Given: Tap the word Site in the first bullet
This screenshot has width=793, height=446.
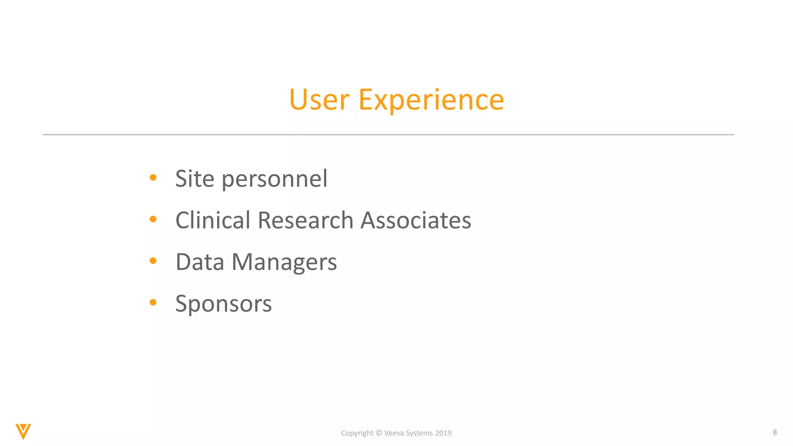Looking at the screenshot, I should coord(194,179).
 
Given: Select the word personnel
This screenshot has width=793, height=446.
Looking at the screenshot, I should coord(275,180).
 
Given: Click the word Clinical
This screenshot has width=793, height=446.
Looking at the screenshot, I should coord(213,220).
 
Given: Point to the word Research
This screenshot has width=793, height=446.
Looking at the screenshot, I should coord(305,220).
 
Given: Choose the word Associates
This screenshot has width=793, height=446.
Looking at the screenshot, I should coord(415,220).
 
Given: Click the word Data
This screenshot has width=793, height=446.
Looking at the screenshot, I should coord(200,262).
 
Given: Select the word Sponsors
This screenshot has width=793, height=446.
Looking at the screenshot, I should coord(223,304).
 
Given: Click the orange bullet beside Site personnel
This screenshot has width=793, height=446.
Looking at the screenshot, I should coord(153,178).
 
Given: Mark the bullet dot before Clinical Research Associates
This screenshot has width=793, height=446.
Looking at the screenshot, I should coord(153,219).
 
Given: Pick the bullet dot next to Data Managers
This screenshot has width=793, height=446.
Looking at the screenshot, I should coord(153,261).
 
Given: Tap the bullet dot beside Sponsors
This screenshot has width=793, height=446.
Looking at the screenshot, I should coord(153,302).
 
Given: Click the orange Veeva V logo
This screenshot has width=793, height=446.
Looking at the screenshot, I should coord(23,431).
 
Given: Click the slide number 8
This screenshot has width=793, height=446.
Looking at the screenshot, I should coord(774,432).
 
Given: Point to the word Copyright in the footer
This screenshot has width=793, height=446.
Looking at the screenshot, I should coord(357,433).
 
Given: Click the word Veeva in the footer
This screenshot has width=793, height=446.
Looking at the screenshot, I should coord(394,433).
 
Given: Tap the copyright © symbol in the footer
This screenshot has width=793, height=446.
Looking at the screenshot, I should coord(379,433).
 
